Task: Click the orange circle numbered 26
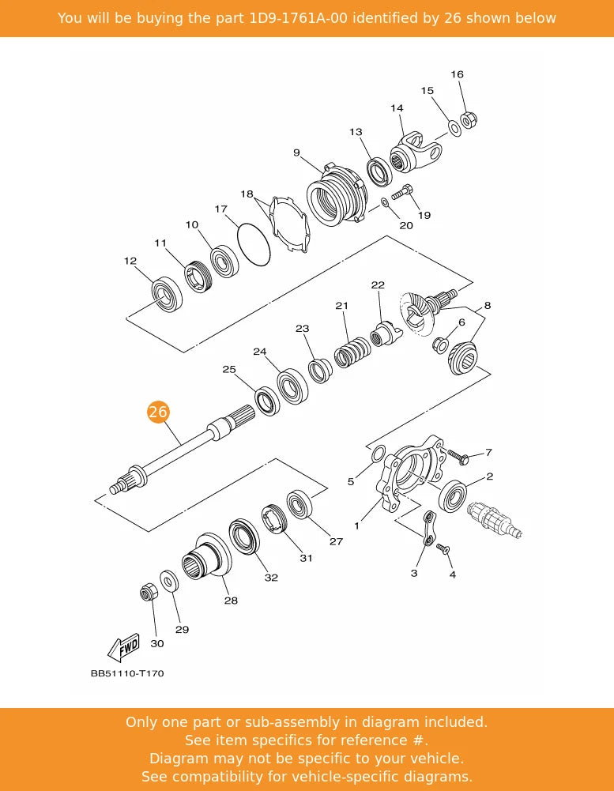click(x=158, y=412)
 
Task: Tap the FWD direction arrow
click(x=124, y=647)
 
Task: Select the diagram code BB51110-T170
click(x=127, y=674)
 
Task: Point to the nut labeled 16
click(x=469, y=121)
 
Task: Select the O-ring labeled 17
click(x=254, y=245)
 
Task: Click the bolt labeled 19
click(x=402, y=191)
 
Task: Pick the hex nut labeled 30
click(x=147, y=592)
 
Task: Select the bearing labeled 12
click(x=168, y=295)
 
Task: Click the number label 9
click(x=296, y=153)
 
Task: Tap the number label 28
click(x=231, y=601)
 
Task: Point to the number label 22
click(x=378, y=285)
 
